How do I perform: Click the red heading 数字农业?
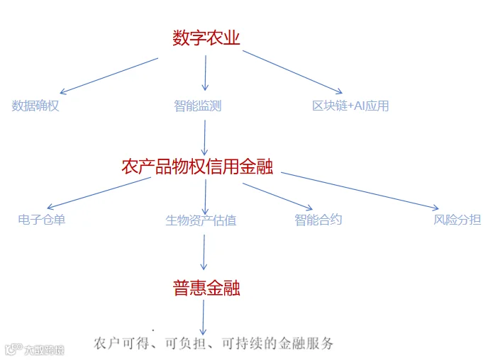coord(206,38)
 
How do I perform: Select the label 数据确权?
coord(35,106)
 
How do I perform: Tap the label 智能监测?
coord(198,106)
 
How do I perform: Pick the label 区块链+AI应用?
coord(350,106)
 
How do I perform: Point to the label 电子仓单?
coord(42,220)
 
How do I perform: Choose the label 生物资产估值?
coord(201,220)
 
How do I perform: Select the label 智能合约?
coord(318,220)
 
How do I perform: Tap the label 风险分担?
coord(457,220)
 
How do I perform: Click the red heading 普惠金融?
coord(206,288)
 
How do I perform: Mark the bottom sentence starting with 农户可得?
coord(213,344)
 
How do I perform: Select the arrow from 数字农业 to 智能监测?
coord(205,73)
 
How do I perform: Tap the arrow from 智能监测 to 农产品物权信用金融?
coord(204,137)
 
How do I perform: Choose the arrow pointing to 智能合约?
coord(276,196)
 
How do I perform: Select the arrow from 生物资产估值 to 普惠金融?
coord(204,252)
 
